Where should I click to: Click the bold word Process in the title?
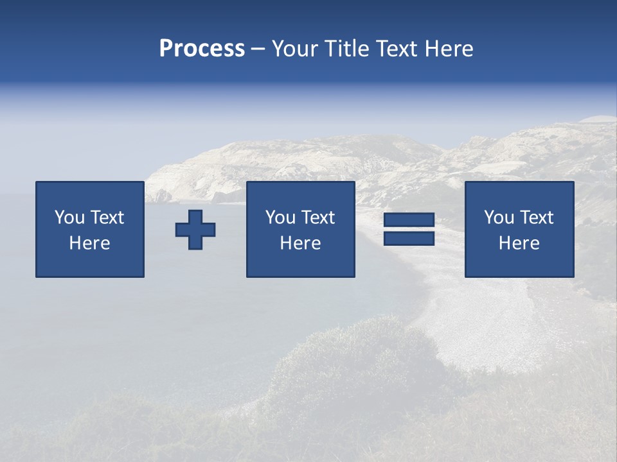point(202,49)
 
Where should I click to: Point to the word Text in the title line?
point(399,49)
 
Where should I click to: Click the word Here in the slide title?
point(449,49)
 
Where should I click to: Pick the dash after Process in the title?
point(258,49)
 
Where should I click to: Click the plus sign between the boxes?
point(195,230)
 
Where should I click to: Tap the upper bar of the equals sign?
point(409,220)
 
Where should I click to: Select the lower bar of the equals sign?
point(409,239)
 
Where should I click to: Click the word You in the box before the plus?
point(69,218)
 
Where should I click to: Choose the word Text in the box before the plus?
point(106,218)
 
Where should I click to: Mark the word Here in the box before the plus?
point(89,243)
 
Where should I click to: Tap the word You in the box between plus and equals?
point(280,218)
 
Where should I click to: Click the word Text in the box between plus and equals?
point(317,218)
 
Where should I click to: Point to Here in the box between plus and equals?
point(300,243)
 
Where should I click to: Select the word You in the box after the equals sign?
point(498,218)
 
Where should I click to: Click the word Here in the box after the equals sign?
point(519,243)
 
